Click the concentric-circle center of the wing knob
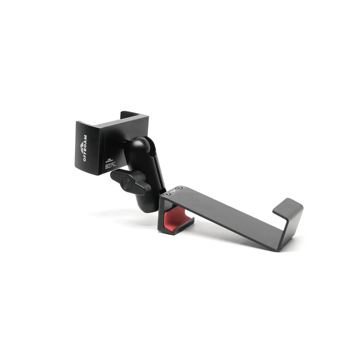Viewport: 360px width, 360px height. [128, 183]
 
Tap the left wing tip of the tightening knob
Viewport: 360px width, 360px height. [113, 175]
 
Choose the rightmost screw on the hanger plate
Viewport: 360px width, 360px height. [179, 189]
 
